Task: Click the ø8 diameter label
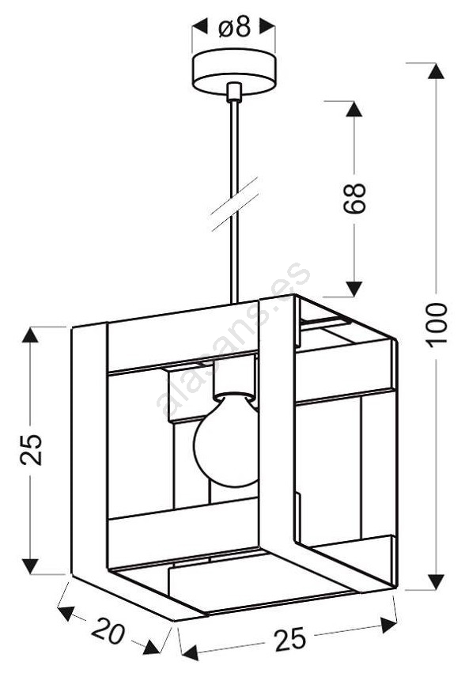tap(234, 27)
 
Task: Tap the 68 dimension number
tap(354, 199)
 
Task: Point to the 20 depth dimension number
tap(108, 631)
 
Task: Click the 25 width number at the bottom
tap(290, 640)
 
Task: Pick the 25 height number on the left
tap(31, 449)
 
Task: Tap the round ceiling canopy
tap(233, 71)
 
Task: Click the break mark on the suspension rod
tap(234, 203)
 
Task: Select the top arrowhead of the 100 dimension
tap(436, 71)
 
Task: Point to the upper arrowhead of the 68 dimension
tap(354, 109)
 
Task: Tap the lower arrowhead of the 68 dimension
tap(354, 289)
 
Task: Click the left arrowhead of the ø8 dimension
tap(200, 27)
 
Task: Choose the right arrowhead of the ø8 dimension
tap(267, 27)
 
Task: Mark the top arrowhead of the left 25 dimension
tap(30, 335)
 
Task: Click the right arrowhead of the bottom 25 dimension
tap(387, 625)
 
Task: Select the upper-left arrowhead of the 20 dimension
tap(66, 611)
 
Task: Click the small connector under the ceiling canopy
tap(233, 92)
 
